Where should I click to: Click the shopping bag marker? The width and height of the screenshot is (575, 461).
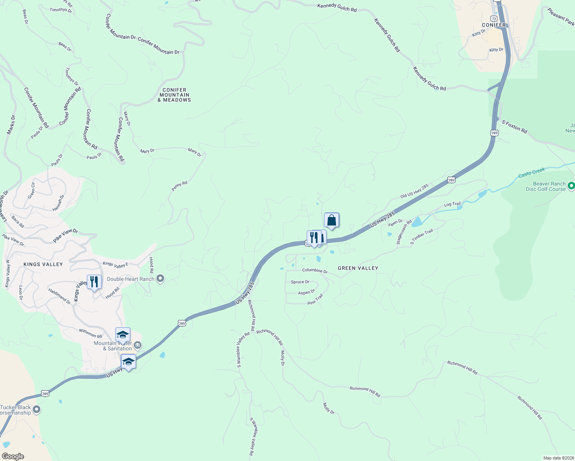pyautogui.click(x=331, y=221)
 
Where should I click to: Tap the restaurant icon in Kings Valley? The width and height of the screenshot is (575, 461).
pyautogui.click(x=94, y=282)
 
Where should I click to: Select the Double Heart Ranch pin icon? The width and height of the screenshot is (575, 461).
pyautogui.click(x=161, y=279)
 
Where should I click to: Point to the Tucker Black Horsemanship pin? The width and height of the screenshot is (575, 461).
pyautogui.click(x=37, y=410)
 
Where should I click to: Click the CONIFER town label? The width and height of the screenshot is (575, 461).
pyautogui.click(x=494, y=25)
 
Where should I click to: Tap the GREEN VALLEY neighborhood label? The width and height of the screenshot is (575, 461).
pyautogui.click(x=358, y=268)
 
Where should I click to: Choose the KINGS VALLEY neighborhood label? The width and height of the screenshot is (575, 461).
pyautogui.click(x=43, y=264)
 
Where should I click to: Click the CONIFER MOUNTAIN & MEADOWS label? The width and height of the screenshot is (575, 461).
pyautogui.click(x=174, y=95)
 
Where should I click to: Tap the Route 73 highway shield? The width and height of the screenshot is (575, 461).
pyautogui.click(x=494, y=18)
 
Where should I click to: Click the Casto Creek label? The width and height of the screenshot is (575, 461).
pyautogui.click(x=532, y=172)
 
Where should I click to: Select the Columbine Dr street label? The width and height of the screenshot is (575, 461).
pyautogui.click(x=315, y=270)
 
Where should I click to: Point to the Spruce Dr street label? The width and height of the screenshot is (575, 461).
pyautogui.click(x=300, y=282)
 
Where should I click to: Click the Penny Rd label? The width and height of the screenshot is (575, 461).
pyautogui.click(x=179, y=186)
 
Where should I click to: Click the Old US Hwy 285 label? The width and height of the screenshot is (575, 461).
pyautogui.click(x=414, y=191)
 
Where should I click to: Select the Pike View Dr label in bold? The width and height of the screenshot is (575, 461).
pyautogui.click(x=65, y=235)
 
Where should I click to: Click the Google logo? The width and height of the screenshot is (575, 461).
pyautogui.click(x=13, y=456)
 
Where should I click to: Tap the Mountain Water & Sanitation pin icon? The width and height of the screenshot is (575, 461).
pyautogui.click(x=138, y=345)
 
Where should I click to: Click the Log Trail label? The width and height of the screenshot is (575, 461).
pyautogui.click(x=452, y=204)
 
